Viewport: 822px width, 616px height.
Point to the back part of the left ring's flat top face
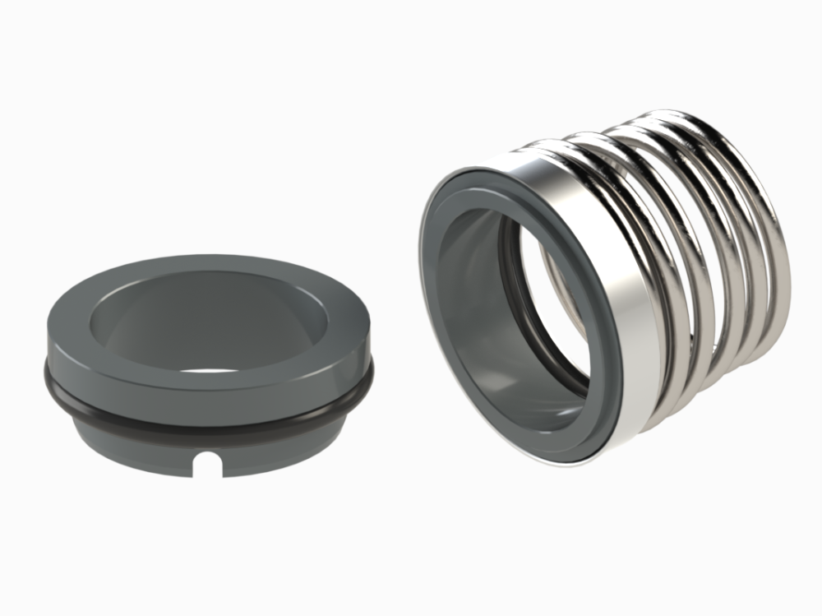click(x=205, y=265)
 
